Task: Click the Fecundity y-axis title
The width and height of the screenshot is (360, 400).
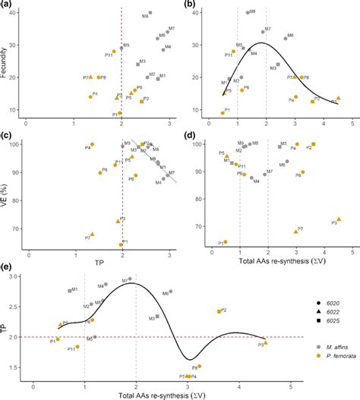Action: coord(7,60)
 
